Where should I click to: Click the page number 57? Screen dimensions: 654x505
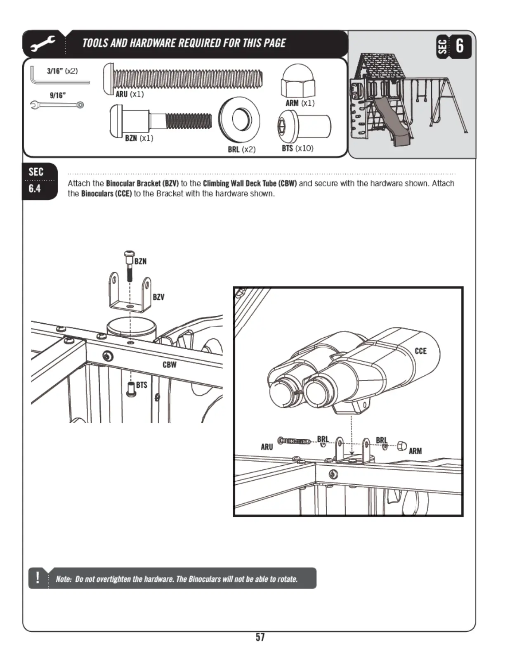click(260, 637)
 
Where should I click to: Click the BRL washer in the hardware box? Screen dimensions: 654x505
click(239, 119)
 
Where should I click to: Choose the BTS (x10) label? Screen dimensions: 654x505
click(297, 148)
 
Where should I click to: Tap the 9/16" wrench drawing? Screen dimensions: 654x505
click(57, 105)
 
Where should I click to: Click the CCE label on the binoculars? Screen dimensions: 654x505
click(420, 351)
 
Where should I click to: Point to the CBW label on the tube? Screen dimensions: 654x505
click(169, 365)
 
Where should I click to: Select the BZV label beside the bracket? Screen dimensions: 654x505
click(158, 297)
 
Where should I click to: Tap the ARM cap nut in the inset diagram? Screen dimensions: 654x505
click(401, 446)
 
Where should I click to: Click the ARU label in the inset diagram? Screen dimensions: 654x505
click(267, 447)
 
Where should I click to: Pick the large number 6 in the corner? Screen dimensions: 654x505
click(460, 45)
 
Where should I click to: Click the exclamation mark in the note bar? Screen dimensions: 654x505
click(38, 577)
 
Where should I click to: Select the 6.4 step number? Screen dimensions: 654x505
click(35, 189)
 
